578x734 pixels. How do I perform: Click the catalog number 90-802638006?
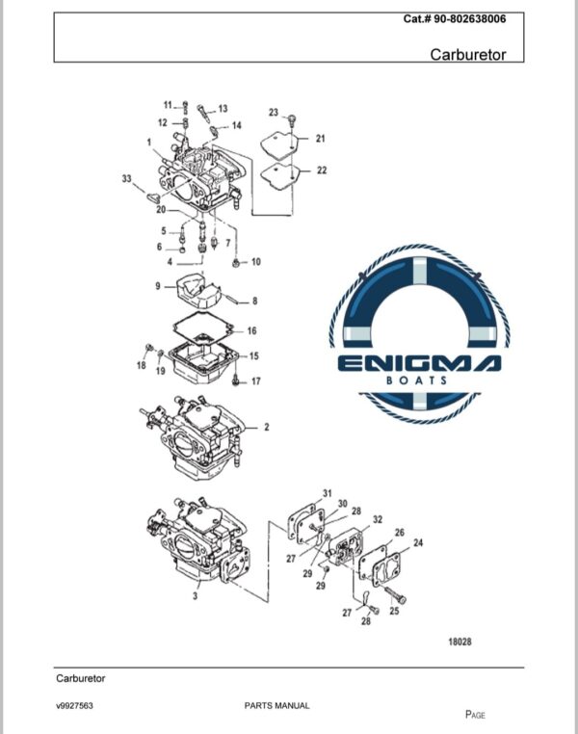click(470, 19)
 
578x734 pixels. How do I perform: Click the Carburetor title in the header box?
click(468, 55)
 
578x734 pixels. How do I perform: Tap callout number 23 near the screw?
click(274, 113)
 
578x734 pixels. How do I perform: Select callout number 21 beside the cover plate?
click(320, 139)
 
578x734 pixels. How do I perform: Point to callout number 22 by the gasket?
click(322, 170)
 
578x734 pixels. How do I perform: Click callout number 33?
click(127, 179)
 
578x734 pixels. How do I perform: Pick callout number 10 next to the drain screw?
click(256, 262)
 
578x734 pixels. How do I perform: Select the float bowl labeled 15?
click(204, 364)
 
